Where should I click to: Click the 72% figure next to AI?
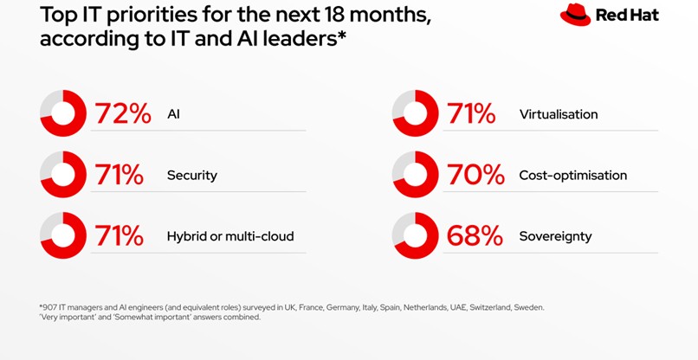tap(122, 113)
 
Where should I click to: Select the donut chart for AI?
tap(63, 113)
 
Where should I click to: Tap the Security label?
tap(191, 176)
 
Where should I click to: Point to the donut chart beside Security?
tap(63, 175)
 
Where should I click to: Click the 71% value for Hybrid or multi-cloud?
tap(120, 235)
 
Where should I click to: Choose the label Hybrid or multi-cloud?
tap(230, 236)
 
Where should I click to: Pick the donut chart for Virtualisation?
tap(415, 113)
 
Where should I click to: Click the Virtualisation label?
tap(558, 114)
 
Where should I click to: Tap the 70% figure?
tap(475, 175)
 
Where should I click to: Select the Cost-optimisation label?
tap(572, 176)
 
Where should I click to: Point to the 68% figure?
tap(475, 235)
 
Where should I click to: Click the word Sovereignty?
tap(554, 236)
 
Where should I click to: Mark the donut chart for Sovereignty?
tap(415, 235)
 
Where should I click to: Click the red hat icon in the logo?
tap(575, 16)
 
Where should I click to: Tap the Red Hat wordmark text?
tap(627, 16)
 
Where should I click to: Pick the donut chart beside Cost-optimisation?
tap(415, 175)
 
